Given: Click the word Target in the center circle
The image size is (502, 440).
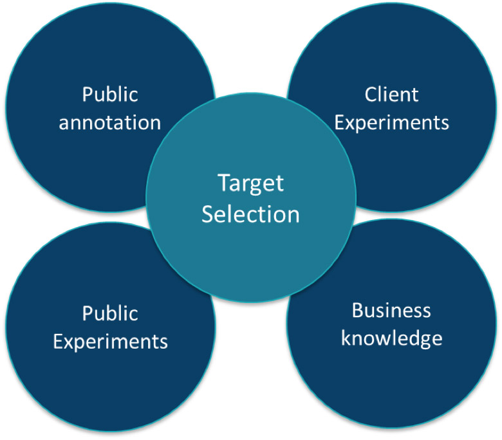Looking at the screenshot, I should [x=251, y=183].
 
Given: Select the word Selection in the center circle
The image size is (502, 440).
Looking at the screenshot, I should [x=251, y=214].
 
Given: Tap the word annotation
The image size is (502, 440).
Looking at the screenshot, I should [x=110, y=123].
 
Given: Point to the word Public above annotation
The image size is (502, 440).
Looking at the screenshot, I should [x=110, y=95].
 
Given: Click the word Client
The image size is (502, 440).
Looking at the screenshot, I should [x=391, y=95].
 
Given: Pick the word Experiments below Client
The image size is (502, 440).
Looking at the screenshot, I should [x=391, y=123].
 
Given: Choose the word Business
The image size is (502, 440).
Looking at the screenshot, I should [x=391, y=311].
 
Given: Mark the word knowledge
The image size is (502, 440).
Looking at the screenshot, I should [x=391, y=338].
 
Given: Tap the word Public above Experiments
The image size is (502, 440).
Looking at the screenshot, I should [x=110, y=314].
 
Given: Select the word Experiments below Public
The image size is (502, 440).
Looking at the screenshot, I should [x=110, y=341].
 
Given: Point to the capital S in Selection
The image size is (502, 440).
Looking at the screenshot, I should [x=209, y=214].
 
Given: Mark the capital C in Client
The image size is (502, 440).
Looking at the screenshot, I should [x=371, y=95].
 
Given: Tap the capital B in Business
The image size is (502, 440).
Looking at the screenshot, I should [x=357, y=311].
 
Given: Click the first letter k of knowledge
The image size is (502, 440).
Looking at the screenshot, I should [x=345, y=338].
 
